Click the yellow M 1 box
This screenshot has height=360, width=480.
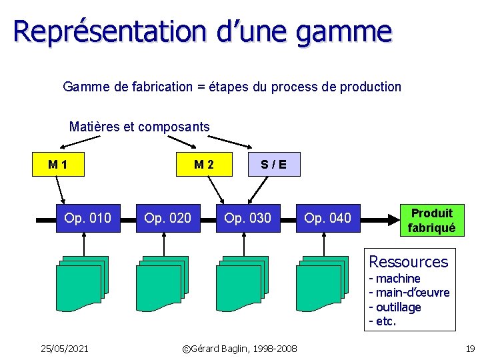click(59, 164)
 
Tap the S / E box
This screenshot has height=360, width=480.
click(274, 164)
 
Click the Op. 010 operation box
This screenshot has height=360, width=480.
click(88, 218)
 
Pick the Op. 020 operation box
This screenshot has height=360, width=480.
click(167, 218)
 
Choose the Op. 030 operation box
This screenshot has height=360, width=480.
click(247, 218)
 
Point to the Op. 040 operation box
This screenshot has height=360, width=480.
click(327, 218)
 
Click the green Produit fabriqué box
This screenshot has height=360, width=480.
click(431, 221)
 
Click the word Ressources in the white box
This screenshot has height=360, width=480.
click(408, 261)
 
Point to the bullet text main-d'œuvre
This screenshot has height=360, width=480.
click(412, 293)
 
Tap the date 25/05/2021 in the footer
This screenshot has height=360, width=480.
click(64, 348)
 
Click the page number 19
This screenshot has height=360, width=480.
click(469, 348)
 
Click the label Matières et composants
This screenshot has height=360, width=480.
click(139, 127)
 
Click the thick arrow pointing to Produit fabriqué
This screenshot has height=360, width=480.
click(380, 218)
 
